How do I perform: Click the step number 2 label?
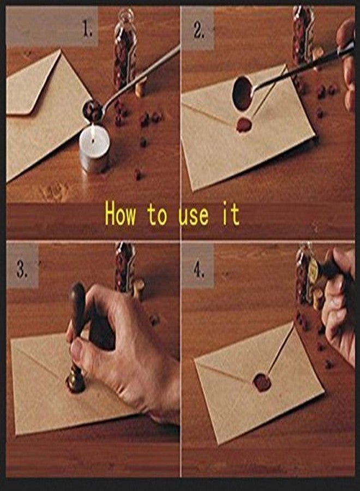(x=199, y=31)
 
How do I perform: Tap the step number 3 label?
(x=22, y=270)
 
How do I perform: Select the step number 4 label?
(x=199, y=270)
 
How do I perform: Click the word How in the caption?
(x=121, y=214)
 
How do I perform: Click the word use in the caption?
(x=194, y=215)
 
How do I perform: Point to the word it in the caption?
(x=231, y=214)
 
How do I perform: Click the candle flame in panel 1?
(x=93, y=130)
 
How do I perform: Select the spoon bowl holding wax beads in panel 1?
(x=92, y=110)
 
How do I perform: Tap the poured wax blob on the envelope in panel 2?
(x=244, y=125)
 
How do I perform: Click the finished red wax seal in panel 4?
(x=262, y=382)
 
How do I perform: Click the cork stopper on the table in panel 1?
(x=141, y=88)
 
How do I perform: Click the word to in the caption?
(x=158, y=215)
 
